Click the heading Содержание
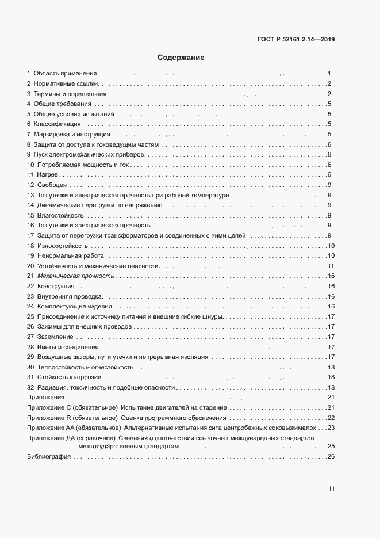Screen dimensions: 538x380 click(181, 58)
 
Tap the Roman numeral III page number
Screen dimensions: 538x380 click(332, 489)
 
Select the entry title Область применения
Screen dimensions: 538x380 click(66, 74)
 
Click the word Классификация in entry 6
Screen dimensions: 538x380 click(57, 124)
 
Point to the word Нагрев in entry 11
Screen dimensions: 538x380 click(48, 174)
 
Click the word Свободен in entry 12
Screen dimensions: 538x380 click(52, 185)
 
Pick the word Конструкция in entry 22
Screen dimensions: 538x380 click(56, 287)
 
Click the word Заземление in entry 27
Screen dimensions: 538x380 click(55, 337)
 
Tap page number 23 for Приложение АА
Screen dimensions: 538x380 click(331, 428)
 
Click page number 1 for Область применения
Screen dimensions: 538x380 click(329, 74)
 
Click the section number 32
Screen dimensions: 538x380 click(31, 387)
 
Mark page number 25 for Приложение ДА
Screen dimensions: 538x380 click(331, 447)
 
